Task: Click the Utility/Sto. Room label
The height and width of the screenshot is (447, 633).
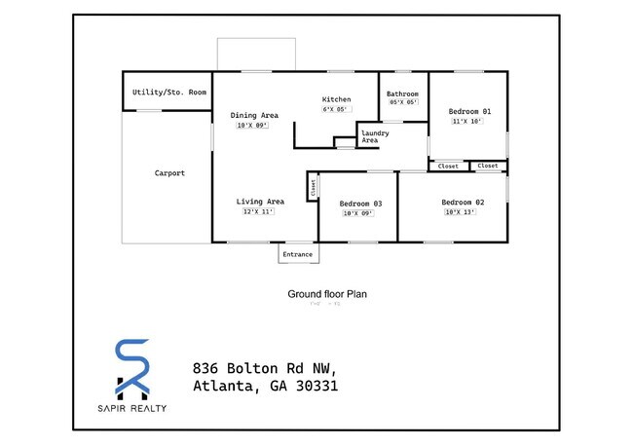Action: (169, 93)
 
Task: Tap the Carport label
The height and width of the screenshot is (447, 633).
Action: (169, 173)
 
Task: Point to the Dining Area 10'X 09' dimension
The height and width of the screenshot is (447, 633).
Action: (251, 126)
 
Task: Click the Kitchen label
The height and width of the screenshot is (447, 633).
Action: (336, 99)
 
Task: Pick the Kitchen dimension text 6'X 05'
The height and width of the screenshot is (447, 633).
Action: (336, 109)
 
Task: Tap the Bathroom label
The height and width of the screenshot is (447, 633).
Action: (403, 93)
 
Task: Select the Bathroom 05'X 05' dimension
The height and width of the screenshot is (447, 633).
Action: (403, 102)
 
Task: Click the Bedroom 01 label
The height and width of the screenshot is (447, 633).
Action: (470, 111)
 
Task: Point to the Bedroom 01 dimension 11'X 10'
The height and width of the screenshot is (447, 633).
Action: (467, 122)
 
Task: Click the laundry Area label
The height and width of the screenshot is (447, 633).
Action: (370, 136)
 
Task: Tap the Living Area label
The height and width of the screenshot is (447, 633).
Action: (260, 202)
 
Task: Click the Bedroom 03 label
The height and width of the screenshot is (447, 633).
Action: (360, 204)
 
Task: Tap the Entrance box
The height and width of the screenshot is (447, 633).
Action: (297, 254)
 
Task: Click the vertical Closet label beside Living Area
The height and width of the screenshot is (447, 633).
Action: (313, 187)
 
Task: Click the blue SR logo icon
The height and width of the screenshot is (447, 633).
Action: (132, 368)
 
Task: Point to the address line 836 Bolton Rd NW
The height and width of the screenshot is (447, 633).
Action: (265, 368)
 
